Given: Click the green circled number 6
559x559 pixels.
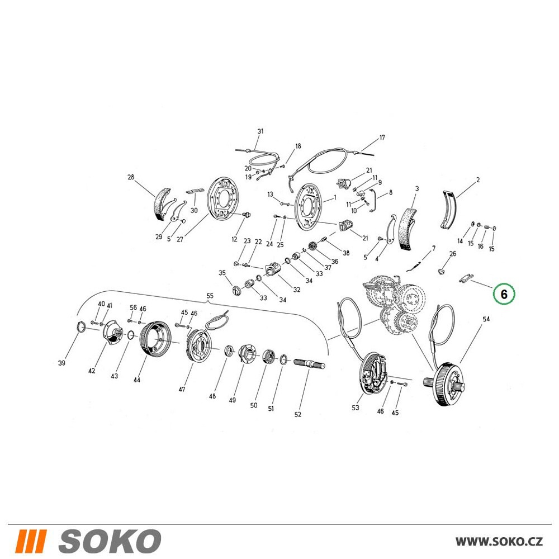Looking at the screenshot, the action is pyautogui.click(x=504, y=294).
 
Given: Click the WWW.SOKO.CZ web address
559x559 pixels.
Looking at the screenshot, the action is pyautogui.click(x=499, y=541).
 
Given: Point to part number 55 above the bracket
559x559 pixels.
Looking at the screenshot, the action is pyautogui.click(x=210, y=296).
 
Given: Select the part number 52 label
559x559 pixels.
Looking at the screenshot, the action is pyautogui.click(x=298, y=414).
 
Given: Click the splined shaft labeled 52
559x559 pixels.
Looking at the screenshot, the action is pyautogui.click(x=310, y=364).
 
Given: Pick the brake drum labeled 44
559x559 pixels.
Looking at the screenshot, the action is pyautogui.click(x=155, y=338).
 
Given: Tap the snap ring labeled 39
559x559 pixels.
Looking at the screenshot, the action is pyautogui.click(x=81, y=326).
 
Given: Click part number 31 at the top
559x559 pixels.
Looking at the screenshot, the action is pyautogui.click(x=260, y=131).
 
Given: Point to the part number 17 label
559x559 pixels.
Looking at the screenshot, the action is pyautogui.click(x=382, y=138).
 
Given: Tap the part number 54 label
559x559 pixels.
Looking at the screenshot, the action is pyautogui.click(x=486, y=319).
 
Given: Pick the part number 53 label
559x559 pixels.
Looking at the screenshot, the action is pyautogui.click(x=356, y=408).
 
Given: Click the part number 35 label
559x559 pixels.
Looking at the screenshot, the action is pyautogui.click(x=222, y=273).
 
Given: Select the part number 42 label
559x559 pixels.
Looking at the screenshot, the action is pyautogui.click(x=92, y=371).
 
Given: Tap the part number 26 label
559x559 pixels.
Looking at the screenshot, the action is pyautogui.click(x=452, y=254).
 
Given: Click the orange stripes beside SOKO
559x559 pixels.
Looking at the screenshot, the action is pyautogui.click(x=31, y=541).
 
